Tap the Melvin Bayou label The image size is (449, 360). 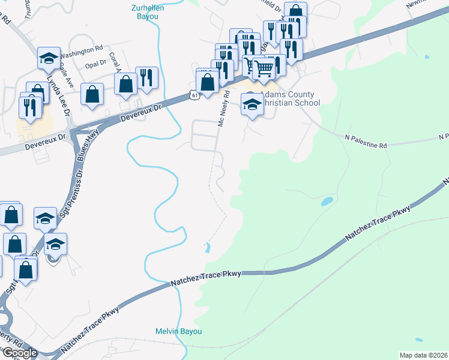[178, 331]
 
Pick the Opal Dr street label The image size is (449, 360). [95, 64]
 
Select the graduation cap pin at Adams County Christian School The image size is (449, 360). [252, 104]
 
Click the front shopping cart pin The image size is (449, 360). [264, 70]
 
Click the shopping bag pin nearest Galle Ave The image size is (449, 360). [92, 94]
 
